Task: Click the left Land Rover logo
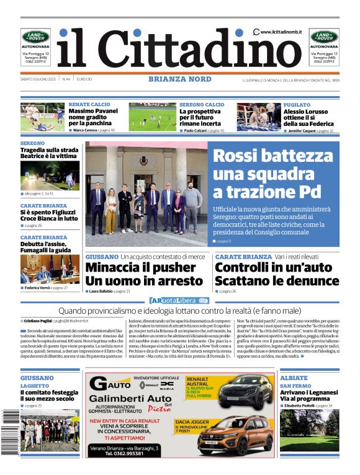(x=35, y=37)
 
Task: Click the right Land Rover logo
(x=324, y=37)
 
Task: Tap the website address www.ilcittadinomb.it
(x=281, y=32)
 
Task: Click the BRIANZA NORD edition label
(x=179, y=79)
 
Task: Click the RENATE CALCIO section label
(x=86, y=105)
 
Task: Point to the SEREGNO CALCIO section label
(x=202, y=105)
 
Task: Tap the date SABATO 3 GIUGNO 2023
(x=38, y=79)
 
